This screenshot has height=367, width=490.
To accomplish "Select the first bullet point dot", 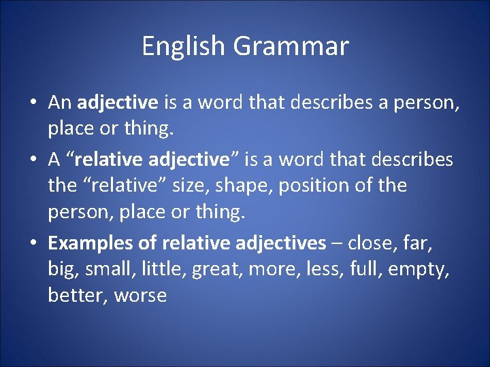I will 33,103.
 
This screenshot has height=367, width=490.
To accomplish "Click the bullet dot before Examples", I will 33,243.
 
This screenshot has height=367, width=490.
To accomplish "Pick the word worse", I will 140,296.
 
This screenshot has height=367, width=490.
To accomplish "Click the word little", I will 163,269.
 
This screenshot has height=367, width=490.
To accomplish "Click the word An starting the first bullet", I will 60,103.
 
